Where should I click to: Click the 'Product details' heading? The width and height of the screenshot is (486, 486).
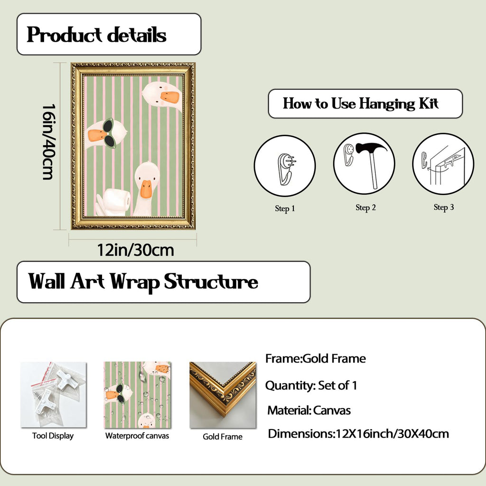tap(96, 34)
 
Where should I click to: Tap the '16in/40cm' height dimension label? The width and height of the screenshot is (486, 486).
tap(49, 142)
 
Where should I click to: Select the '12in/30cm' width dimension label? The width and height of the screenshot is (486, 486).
tap(135, 250)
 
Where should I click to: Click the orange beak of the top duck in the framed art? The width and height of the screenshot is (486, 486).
tap(169, 97)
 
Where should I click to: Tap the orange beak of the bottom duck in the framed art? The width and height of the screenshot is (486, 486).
tap(146, 188)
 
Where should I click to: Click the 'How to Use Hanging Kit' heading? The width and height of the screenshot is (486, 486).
tap(361, 103)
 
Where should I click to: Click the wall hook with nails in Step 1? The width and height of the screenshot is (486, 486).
tap(286, 169)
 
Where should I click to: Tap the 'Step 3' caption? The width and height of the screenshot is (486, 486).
tap(444, 207)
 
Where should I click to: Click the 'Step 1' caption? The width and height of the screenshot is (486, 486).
tap(285, 208)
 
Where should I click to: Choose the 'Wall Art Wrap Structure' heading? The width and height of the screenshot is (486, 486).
tap(143, 282)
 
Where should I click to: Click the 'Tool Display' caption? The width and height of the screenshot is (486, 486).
tap(53, 436)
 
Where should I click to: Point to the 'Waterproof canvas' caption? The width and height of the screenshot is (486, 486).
tap(137, 436)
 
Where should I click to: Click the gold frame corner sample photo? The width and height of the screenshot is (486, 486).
tap(223, 395)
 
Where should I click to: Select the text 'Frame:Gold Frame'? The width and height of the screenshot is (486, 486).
tap(316, 359)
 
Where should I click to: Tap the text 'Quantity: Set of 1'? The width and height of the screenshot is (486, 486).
tap(311, 385)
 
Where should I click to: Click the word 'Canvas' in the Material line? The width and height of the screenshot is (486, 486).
tap(332, 411)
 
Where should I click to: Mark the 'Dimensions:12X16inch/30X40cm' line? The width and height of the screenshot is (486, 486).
tap(358, 434)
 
